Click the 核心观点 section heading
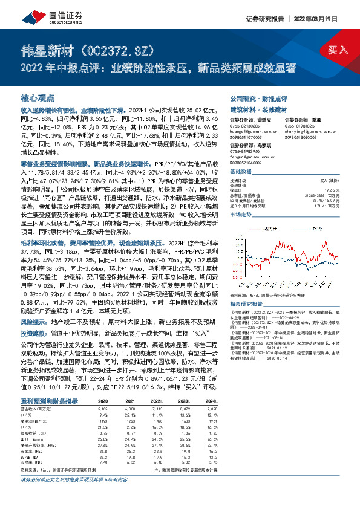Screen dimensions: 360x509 point(38,97)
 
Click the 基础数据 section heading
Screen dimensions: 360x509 point(241,172)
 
